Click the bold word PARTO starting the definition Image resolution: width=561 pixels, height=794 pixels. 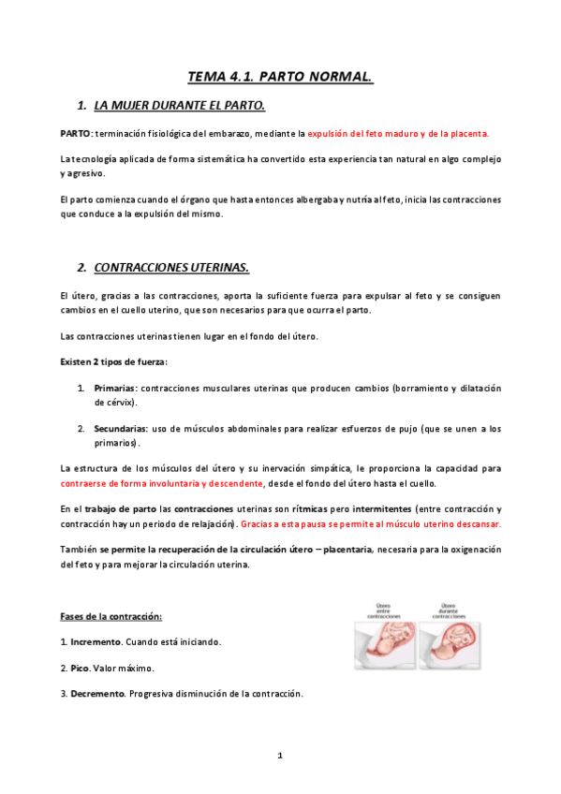[75, 134]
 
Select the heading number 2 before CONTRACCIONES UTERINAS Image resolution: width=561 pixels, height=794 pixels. [82, 267]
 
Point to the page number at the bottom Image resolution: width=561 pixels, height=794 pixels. [280, 755]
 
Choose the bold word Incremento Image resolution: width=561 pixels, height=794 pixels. [96, 643]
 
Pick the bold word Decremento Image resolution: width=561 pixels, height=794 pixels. [98, 694]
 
